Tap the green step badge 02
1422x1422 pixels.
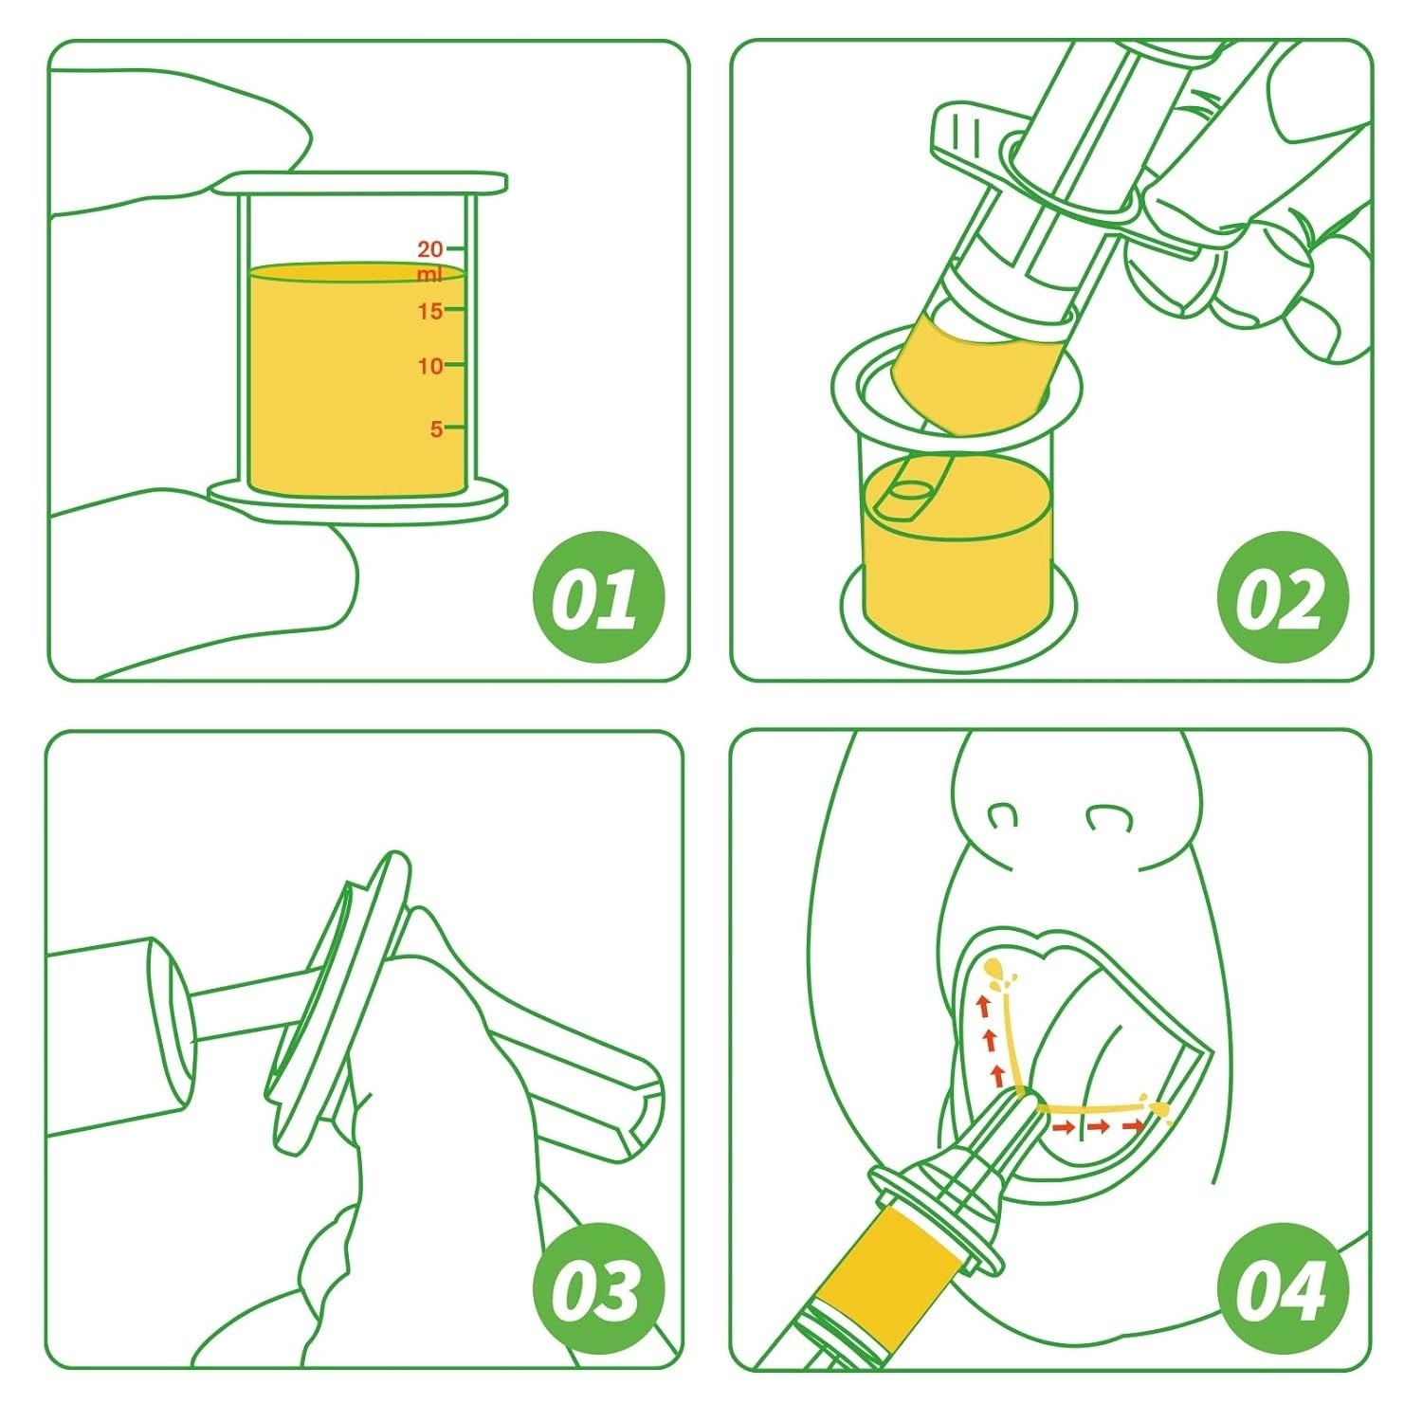coord(1282,598)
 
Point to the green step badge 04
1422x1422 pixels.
coord(1282,1287)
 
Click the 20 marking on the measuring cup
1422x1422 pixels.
coord(430,249)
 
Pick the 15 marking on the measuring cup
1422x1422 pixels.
coord(430,311)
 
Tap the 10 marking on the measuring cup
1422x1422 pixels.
coord(430,366)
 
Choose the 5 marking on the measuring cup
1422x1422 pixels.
coord(436,428)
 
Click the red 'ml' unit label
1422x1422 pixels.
coord(429,276)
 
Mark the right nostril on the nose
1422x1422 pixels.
coord(1105,814)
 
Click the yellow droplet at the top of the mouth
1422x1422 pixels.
coord(995,969)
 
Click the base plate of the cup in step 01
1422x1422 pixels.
coord(358,500)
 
